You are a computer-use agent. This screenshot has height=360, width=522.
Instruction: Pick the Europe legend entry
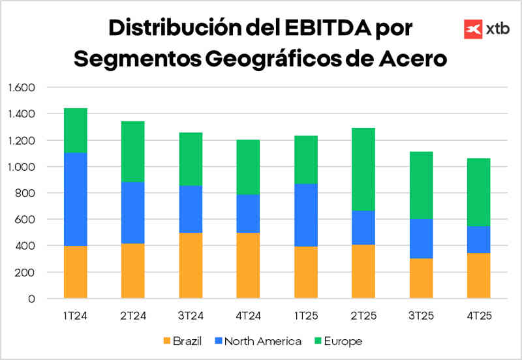(337, 341)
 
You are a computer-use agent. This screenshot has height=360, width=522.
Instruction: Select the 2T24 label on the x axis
(133, 316)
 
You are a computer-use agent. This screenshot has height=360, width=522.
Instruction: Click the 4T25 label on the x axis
(478, 316)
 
